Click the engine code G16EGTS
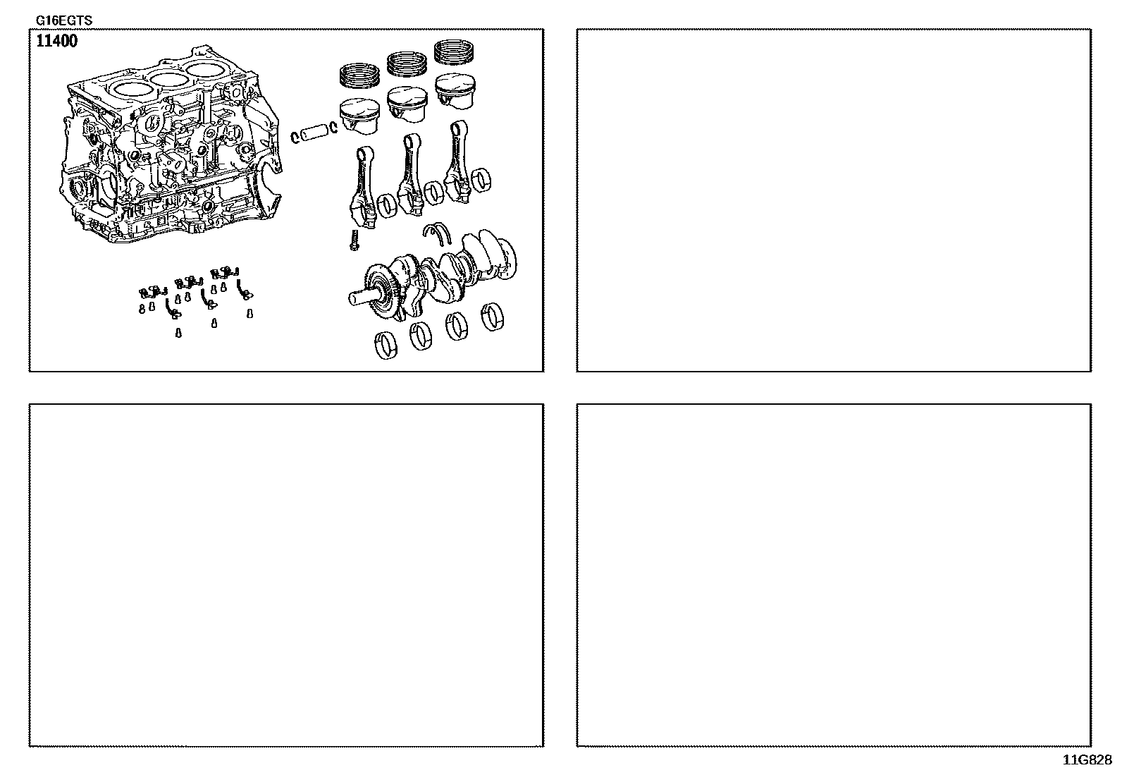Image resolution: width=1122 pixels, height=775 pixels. tap(64, 20)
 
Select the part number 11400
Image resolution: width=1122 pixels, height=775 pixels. tap(57, 41)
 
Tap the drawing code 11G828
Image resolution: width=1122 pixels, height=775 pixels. tap(1087, 760)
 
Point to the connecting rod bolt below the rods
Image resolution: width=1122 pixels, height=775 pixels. tap(355, 240)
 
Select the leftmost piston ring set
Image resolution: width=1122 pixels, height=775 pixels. tap(359, 75)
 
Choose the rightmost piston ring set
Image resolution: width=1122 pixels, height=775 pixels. tap(454, 51)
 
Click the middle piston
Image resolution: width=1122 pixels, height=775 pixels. tap(407, 104)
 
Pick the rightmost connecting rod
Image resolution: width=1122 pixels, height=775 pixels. tap(457, 161)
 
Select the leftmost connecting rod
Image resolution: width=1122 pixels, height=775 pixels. tap(363, 187)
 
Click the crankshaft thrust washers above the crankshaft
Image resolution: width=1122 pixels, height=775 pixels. tap(437, 233)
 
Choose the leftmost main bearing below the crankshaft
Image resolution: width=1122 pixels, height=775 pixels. tap(386, 346)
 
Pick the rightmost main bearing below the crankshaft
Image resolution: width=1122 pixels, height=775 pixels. tap(493, 317)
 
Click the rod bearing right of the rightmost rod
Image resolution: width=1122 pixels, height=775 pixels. tap(481, 181)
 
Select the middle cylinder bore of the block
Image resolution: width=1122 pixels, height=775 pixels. tap(168, 78)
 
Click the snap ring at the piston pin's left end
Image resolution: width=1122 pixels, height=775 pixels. tap(295, 137)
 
